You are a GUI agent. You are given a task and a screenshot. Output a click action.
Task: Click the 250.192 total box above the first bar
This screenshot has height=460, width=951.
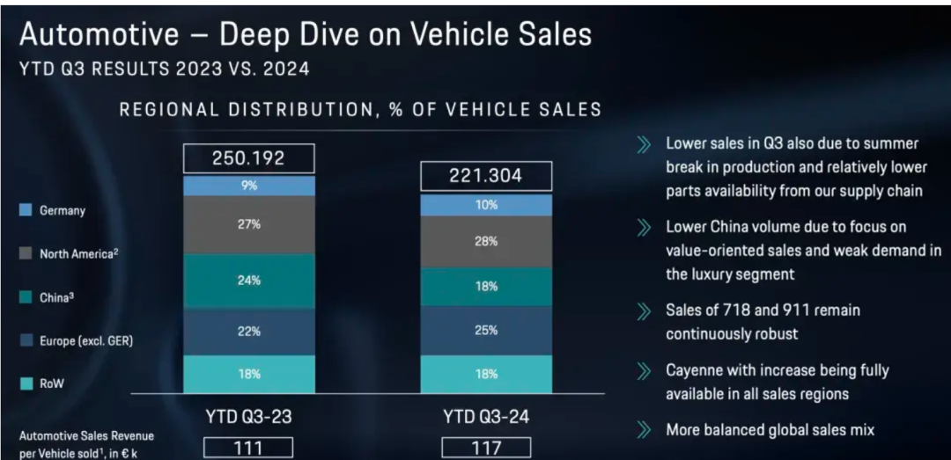coord(249,159)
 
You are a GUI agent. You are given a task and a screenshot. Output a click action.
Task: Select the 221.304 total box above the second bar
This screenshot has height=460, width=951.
coord(486,176)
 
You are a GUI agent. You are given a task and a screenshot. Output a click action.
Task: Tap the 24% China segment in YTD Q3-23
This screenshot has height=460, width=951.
coord(249,281)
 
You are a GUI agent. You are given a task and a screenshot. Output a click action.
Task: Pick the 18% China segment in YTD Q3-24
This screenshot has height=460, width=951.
coord(486,287)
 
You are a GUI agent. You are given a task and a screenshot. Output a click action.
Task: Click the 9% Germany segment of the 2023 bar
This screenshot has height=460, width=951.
coord(249,186)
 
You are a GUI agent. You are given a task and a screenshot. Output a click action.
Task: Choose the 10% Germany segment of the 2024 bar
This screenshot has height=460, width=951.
coord(486,205)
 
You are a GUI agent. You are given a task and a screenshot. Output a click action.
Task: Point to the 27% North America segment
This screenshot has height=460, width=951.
coord(249,224)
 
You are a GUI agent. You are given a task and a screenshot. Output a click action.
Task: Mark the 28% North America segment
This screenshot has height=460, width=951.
coord(486,241)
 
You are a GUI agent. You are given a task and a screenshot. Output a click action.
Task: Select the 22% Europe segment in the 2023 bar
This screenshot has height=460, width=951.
coord(249,332)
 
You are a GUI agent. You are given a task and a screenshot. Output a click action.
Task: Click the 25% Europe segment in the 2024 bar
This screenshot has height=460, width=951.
coord(486,331)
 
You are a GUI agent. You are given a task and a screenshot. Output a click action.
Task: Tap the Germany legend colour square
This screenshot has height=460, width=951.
coord(25,211)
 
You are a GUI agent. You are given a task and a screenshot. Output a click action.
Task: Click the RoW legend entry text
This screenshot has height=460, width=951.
coord(50,383)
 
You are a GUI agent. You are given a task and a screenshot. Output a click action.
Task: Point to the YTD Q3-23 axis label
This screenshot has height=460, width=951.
coord(249,417)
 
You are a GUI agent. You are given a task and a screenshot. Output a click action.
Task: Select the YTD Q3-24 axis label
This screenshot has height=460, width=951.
coord(486,417)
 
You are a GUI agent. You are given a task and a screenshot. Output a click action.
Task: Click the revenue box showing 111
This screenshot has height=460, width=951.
coord(249,448)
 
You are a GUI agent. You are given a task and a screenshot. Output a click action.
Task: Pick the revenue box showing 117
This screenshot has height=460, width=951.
coord(486,448)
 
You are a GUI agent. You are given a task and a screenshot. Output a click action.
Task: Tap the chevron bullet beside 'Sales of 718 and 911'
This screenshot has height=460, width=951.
coord(644,310)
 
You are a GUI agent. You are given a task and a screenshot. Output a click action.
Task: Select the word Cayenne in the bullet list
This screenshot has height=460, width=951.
coord(695,370)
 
